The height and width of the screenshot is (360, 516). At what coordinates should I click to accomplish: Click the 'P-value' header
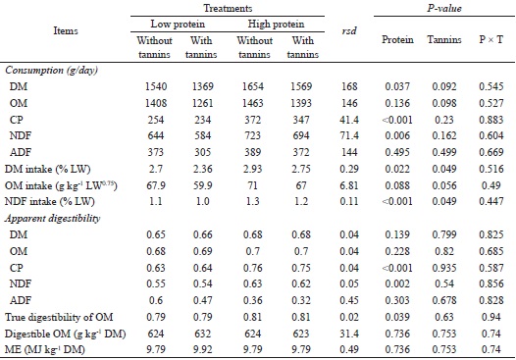(x=451, y=7)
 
